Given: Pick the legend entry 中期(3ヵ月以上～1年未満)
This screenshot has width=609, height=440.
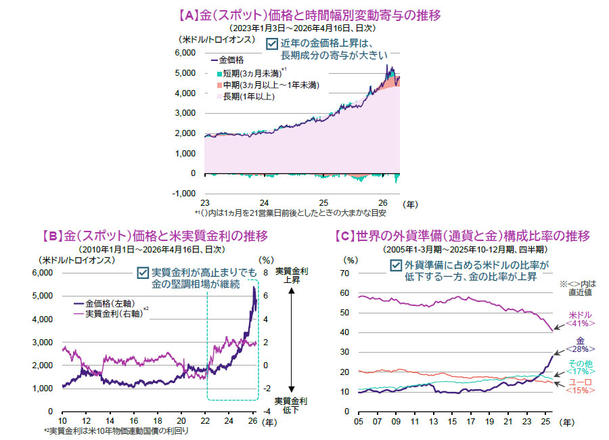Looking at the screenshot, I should [270, 85].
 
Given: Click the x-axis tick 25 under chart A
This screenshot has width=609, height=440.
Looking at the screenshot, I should [323, 203].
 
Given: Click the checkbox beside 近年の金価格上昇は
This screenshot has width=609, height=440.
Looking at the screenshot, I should [271, 43].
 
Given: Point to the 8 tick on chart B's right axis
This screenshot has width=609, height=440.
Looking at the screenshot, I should [267, 273].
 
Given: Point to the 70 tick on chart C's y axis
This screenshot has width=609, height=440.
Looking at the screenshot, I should [350, 273].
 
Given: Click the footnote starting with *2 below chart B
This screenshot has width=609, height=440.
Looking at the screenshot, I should [116, 430].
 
